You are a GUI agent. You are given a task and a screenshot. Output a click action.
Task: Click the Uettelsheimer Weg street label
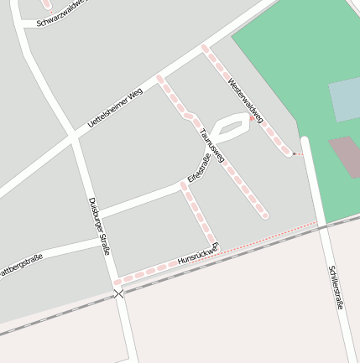(115, 107)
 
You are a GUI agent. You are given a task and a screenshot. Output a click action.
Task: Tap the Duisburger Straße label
(100, 226)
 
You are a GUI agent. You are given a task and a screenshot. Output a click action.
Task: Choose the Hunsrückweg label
(198, 256)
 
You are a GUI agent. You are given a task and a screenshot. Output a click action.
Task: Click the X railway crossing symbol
(119, 293)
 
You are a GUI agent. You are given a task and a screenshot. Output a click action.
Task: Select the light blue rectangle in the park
(344, 100)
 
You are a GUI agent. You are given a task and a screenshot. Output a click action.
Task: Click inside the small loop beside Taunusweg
(231, 128)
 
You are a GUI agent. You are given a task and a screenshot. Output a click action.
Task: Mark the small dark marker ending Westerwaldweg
(294, 154)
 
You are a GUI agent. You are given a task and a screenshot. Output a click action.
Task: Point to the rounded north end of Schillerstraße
(305, 140)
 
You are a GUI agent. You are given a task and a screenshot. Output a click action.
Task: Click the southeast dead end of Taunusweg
(264, 215)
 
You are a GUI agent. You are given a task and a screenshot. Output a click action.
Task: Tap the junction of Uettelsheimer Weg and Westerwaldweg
(204, 49)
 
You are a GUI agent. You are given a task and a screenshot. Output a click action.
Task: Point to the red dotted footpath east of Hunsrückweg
(269, 237)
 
